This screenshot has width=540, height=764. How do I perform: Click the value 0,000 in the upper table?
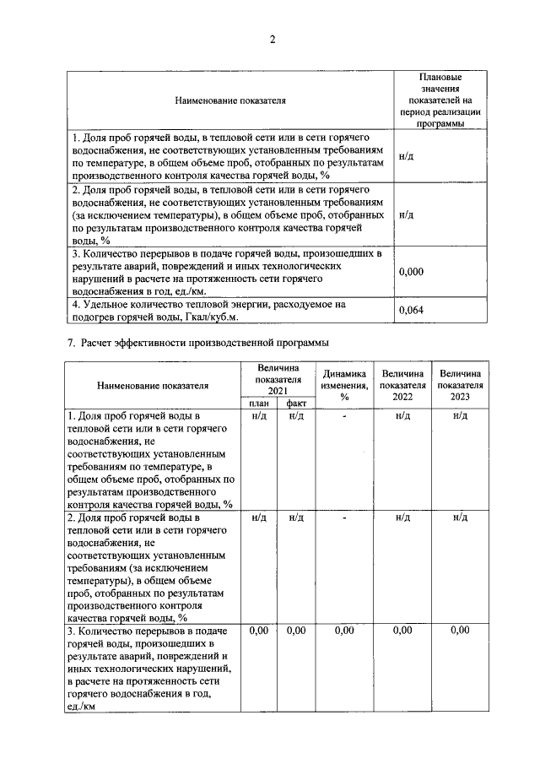point(411,272)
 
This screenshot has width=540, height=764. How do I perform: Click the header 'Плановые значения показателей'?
point(439,100)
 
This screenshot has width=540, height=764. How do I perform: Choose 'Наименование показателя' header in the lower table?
point(152,386)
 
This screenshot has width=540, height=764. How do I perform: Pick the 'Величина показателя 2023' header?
point(460,385)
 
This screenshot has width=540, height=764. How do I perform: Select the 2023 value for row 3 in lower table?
point(460,631)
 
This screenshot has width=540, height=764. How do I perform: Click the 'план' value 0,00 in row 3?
point(259,631)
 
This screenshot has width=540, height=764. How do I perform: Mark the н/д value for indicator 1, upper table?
point(406,158)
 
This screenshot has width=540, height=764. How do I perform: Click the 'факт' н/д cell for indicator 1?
point(296,416)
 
